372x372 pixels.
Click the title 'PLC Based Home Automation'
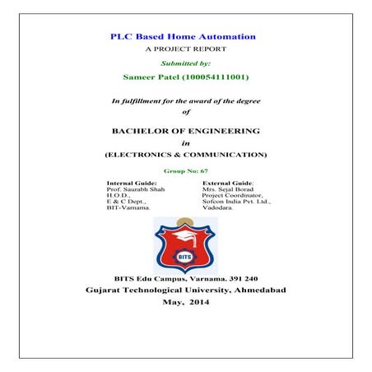click(x=184, y=37)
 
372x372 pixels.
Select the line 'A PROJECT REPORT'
click(x=184, y=50)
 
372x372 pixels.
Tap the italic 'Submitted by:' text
click(x=185, y=63)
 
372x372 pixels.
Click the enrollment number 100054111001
click(x=217, y=78)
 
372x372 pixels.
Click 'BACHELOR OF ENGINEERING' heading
click(x=185, y=130)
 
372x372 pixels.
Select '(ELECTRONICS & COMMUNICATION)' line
click(x=185, y=154)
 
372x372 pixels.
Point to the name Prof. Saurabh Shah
click(x=134, y=188)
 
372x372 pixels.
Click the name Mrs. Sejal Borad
click(x=226, y=188)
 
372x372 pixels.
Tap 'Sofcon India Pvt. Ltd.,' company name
click(x=235, y=202)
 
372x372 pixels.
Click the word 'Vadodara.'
click(x=217, y=208)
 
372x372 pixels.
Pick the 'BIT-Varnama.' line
click(x=128, y=208)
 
